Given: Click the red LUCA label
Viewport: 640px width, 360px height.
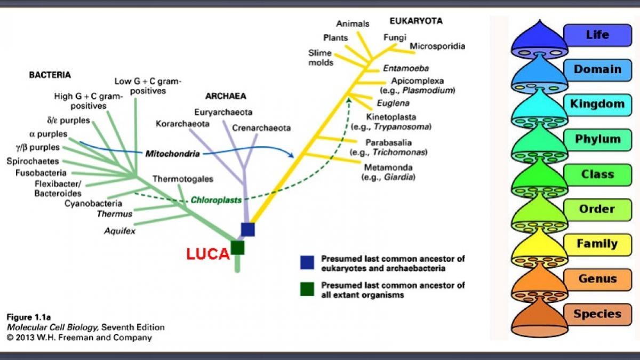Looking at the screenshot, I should point(207,254).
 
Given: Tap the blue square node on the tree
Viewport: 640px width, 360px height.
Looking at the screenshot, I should point(247,229).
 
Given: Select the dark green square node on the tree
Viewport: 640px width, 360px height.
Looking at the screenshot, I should point(237,247).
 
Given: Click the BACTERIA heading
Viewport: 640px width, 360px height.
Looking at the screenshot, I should point(50,75).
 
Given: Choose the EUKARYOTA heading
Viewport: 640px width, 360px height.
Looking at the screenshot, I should point(416,21).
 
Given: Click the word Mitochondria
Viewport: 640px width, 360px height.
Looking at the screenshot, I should point(172,154).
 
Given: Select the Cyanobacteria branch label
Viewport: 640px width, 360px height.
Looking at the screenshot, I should point(93,203).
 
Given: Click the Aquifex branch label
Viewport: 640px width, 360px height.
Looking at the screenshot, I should point(119,231).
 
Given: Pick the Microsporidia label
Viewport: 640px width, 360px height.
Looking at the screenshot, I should point(437,46).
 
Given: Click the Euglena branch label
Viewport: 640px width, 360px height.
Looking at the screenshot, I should point(393,103).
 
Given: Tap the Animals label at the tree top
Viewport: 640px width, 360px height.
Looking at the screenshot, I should point(353,23).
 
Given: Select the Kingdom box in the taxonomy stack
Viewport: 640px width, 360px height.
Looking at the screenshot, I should point(597,103).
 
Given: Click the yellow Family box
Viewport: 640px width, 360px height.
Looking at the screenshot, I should point(597,244).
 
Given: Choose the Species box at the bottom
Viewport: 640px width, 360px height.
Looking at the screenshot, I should point(597,314).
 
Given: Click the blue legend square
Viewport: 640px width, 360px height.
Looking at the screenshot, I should point(307,262).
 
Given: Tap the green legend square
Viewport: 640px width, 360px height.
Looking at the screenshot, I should point(307,289).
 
